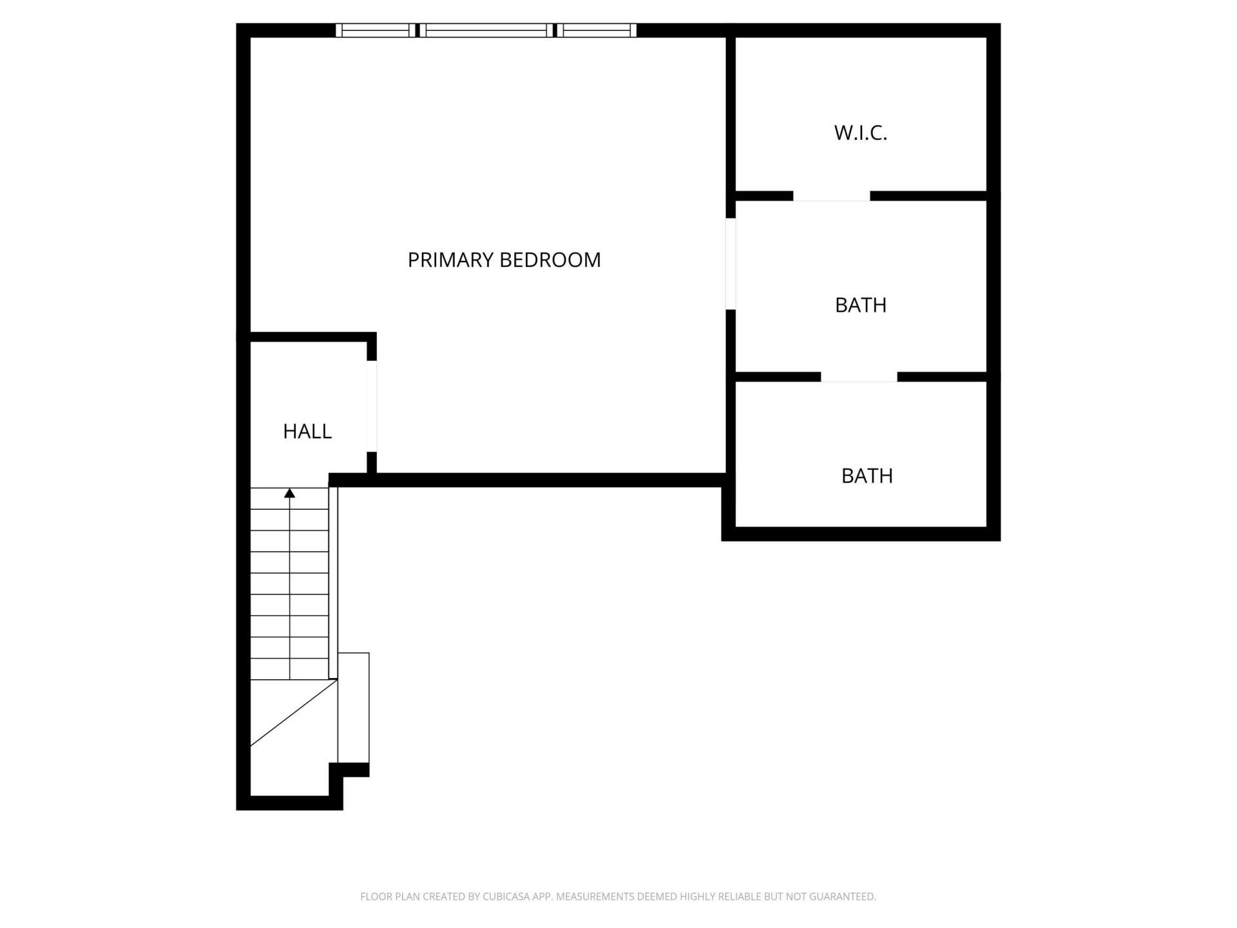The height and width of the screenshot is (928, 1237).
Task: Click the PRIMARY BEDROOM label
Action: tap(504, 260)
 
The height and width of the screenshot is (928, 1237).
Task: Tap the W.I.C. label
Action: tap(860, 133)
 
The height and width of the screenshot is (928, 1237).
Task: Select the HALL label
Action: tap(307, 431)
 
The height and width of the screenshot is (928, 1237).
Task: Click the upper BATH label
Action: tap(860, 305)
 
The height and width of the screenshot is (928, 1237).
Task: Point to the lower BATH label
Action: tap(867, 476)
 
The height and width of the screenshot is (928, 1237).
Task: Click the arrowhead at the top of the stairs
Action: tap(290, 494)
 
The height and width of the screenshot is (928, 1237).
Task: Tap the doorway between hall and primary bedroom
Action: tap(372, 406)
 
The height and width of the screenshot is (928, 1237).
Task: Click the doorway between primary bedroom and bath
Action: tap(731, 264)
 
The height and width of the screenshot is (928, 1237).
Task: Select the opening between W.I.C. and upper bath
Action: tap(831, 196)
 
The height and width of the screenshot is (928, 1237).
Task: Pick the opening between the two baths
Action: tap(859, 377)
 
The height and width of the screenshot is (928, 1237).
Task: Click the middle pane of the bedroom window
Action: tap(487, 30)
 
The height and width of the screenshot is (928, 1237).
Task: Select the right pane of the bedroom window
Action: tap(597, 30)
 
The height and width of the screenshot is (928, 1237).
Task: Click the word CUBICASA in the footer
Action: tap(506, 896)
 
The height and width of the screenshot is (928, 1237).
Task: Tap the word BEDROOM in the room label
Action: tap(550, 260)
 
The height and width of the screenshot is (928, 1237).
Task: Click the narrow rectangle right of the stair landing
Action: tap(354, 708)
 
